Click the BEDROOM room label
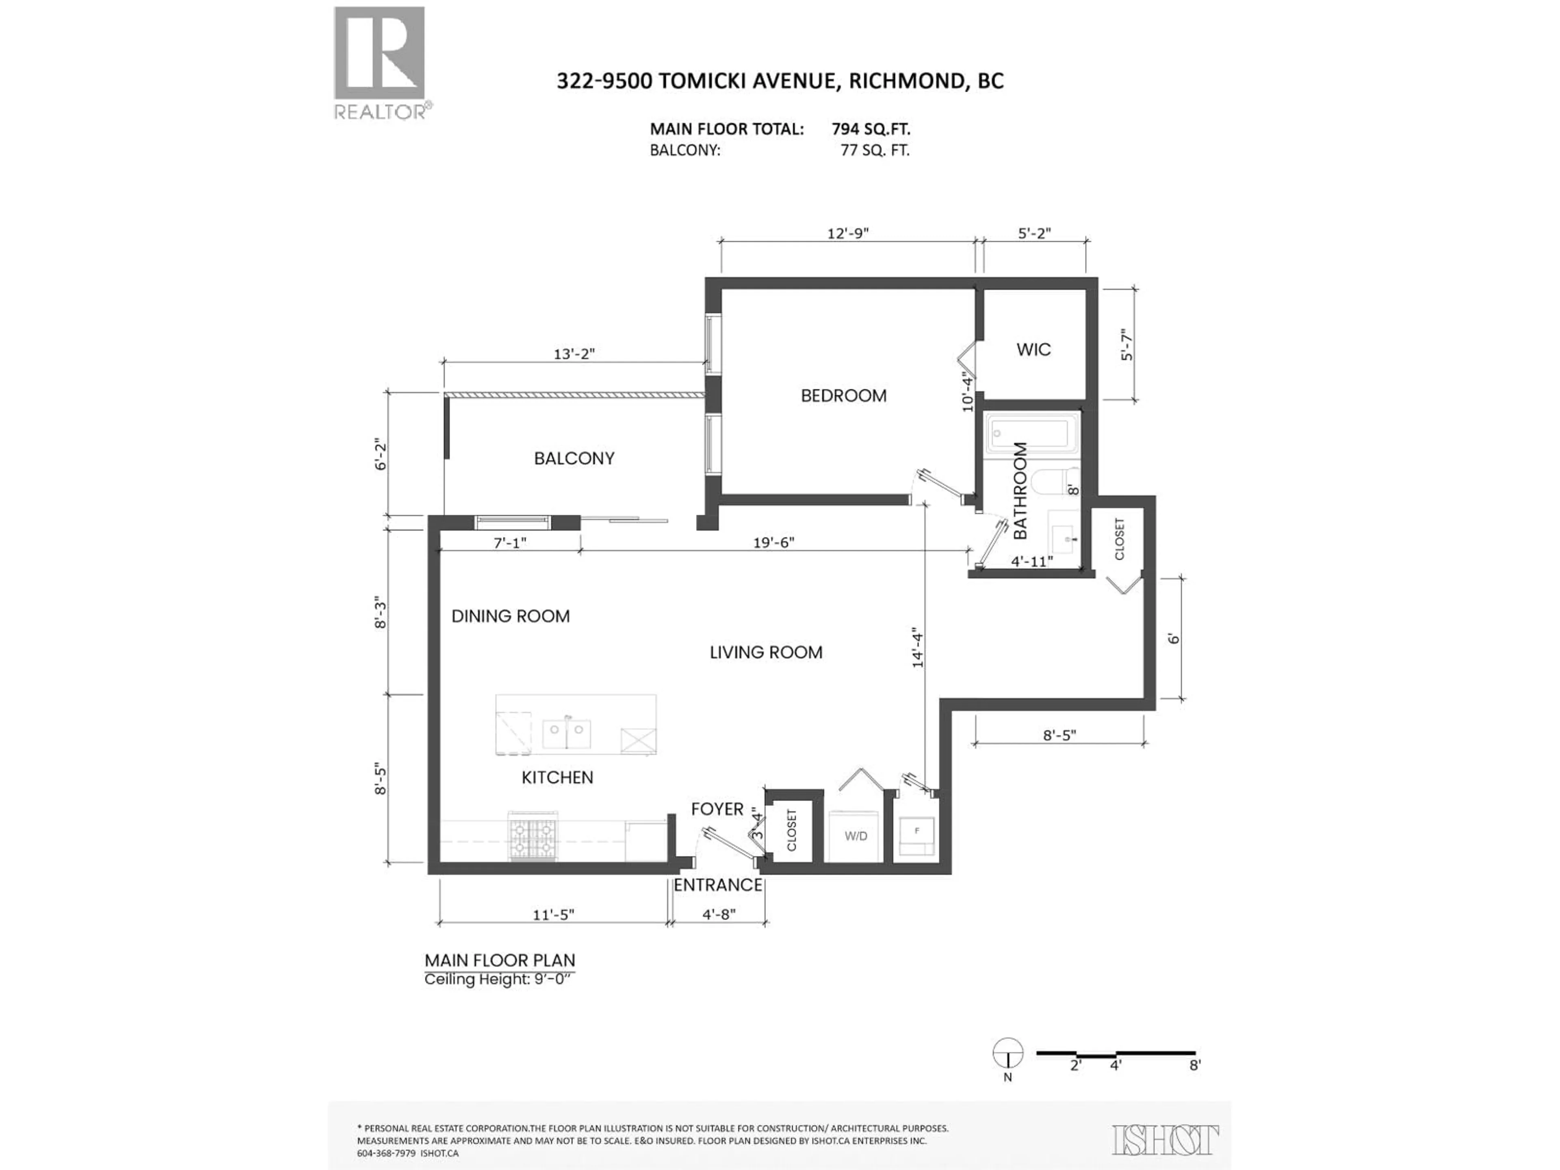[x=843, y=396]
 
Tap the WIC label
[x=1033, y=349]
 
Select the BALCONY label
[x=574, y=458]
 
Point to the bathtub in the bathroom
[x=1033, y=433]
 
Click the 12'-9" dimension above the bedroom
[x=848, y=233]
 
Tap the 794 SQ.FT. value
[x=871, y=129]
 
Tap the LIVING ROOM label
[x=766, y=652]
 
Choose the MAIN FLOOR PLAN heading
[x=499, y=960]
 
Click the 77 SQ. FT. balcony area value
[x=875, y=150]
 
